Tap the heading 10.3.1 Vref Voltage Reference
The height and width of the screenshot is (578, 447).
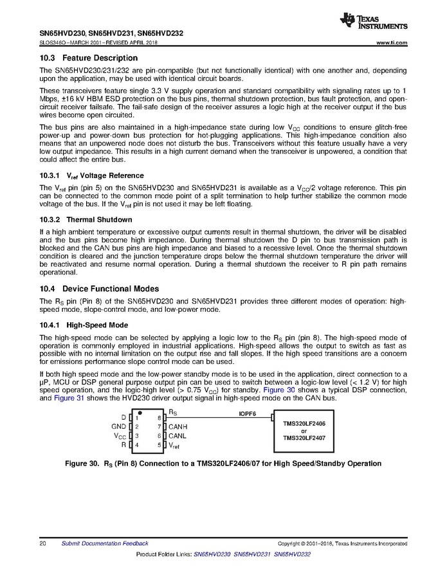pyautogui.click(x=92, y=176)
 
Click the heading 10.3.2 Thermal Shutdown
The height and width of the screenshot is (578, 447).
pyautogui.click(x=86, y=219)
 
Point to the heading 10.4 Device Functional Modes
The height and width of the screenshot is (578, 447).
pyautogui.click(x=99, y=289)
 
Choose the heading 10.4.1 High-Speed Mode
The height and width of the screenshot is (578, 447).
pyautogui.click(x=84, y=325)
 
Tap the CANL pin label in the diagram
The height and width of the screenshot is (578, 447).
pyautogui.click(x=178, y=436)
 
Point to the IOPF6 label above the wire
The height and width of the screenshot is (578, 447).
pyautogui.click(x=248, y=414)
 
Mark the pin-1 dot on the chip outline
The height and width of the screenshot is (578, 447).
pyautogui.click(x=140, y=413)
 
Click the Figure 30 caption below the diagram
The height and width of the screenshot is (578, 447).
pyautogui.click(x=223, y=464)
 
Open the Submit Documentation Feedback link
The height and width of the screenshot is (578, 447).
pyautogui.click(x=100, y=543)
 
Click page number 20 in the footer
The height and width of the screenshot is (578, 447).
pyautogui.click(x=42, y=543)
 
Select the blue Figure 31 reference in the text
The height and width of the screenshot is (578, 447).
pyautogui.click(x=66, y=399)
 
